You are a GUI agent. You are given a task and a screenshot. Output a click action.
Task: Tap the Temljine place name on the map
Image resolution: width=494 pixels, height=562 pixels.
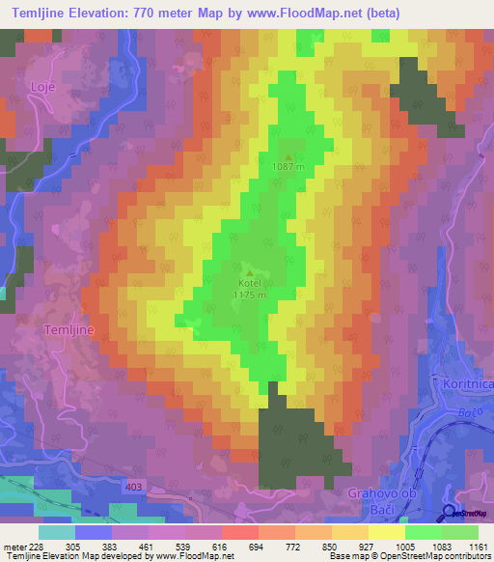click(69, 329)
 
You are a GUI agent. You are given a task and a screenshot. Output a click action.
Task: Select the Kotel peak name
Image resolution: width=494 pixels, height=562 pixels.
click(249, 284)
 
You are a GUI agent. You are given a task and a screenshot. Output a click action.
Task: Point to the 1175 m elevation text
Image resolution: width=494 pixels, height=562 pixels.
click(249, 295)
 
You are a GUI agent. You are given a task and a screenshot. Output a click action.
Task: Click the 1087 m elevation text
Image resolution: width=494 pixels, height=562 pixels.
click(288, 167)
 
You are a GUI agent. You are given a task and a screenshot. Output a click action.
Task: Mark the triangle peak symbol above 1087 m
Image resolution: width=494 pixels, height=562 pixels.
click(288, 155)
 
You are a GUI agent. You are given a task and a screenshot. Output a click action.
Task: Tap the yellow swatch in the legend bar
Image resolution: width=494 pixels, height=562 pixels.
click(386, 532)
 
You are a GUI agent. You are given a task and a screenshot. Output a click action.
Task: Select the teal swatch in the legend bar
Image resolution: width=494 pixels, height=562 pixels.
click(56, 532)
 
